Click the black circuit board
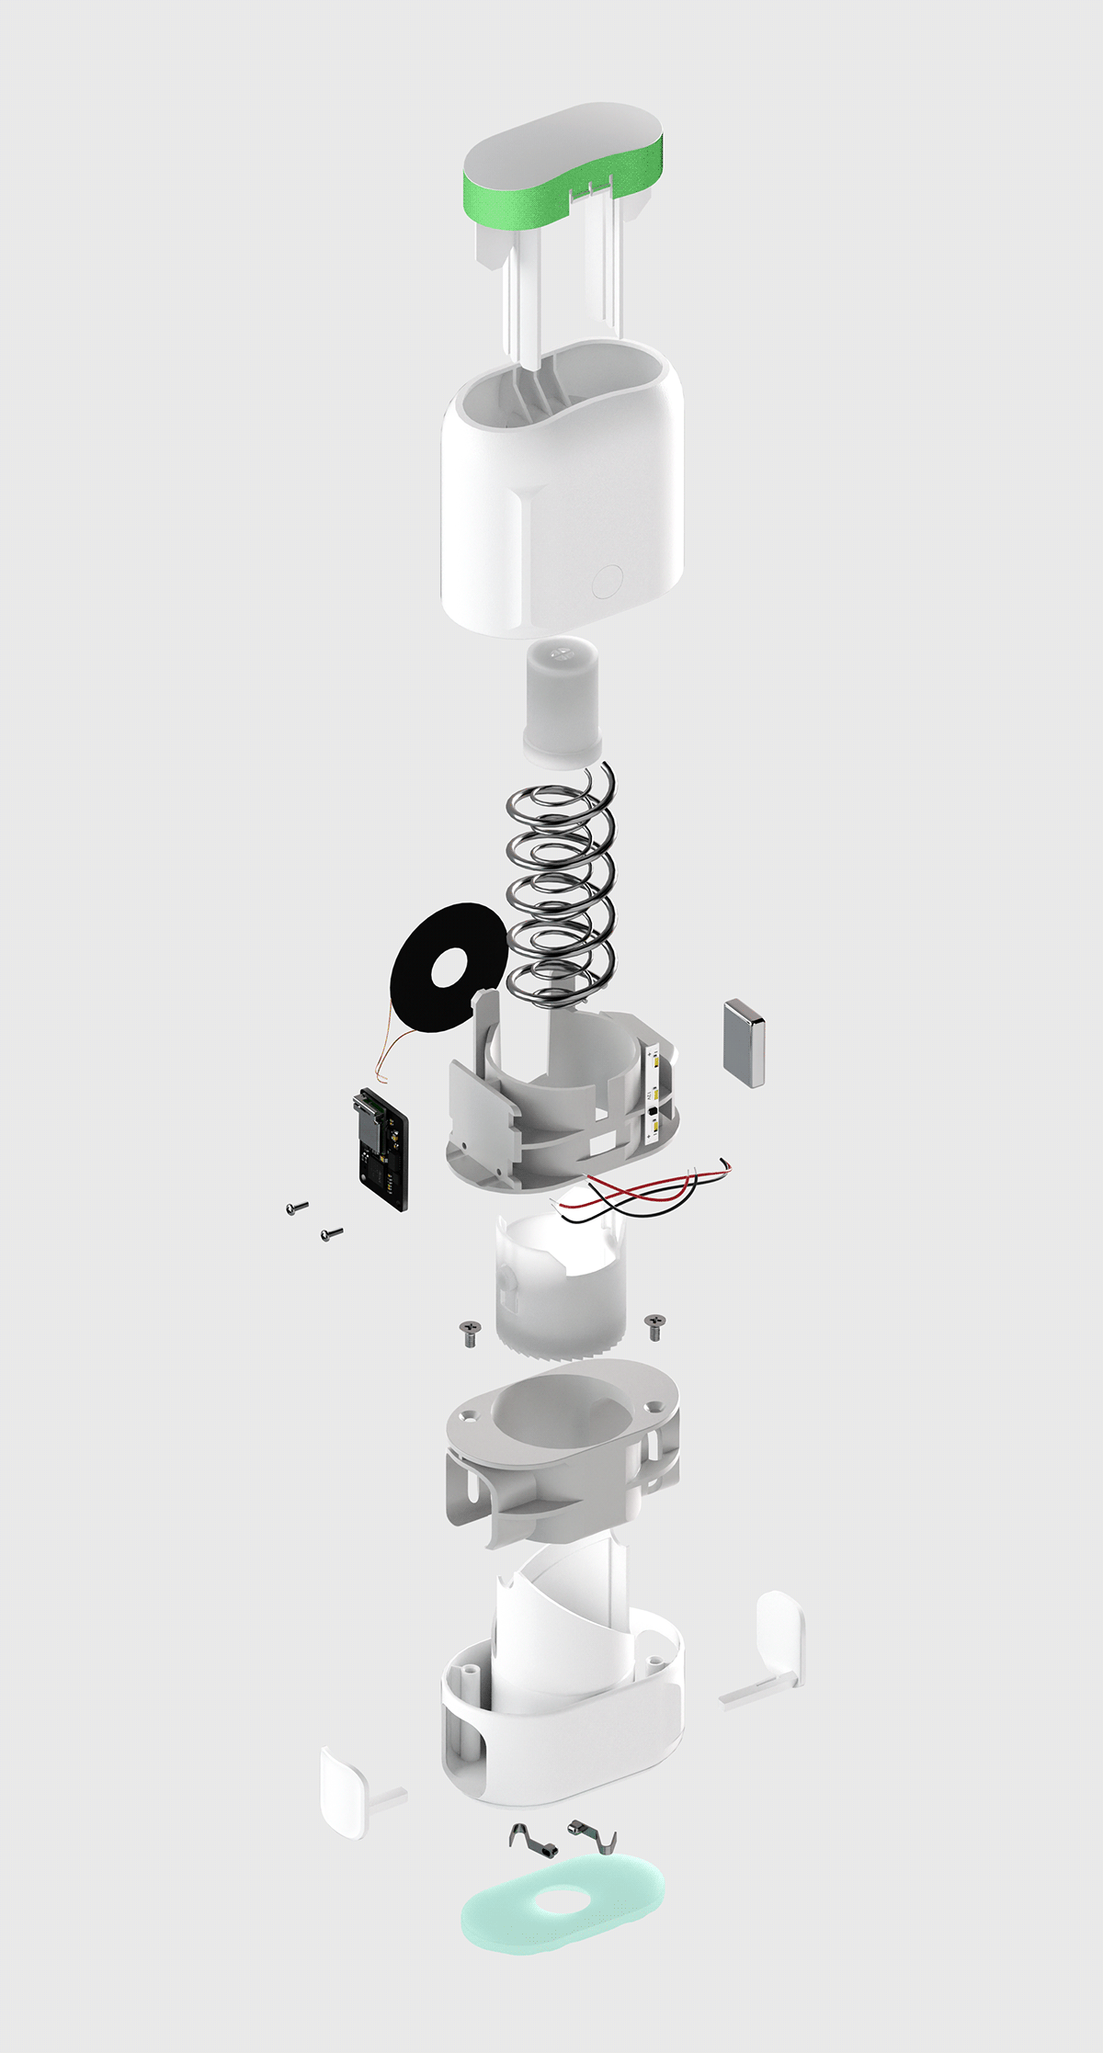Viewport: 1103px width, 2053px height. [x=382, y=1148]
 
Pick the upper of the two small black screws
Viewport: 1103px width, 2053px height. [x=297, y=1207]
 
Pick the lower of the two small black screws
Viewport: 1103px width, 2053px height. [x=331, y=1233]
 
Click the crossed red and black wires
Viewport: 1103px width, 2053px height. [x=643, y=1191]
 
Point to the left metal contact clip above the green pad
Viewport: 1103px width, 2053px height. [x=526, y=1836]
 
